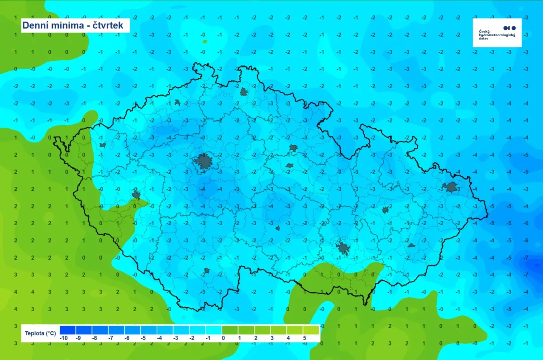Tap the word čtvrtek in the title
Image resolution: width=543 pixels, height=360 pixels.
[109, 25]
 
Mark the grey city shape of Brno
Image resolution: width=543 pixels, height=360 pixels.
[343, 248]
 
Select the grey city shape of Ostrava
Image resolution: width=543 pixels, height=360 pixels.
[451, 187]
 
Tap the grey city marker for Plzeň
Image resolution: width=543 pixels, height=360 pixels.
[136, 195]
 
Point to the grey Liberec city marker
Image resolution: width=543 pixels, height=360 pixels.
[244, 92]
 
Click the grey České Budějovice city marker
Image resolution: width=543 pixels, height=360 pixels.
[207, 270]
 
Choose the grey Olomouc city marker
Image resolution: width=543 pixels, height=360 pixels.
[386, 209]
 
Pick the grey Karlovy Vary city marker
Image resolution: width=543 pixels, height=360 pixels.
[103, 145]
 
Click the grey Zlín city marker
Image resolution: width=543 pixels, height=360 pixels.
[411, 246]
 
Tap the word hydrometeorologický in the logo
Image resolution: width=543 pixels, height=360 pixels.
[497, 35]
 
